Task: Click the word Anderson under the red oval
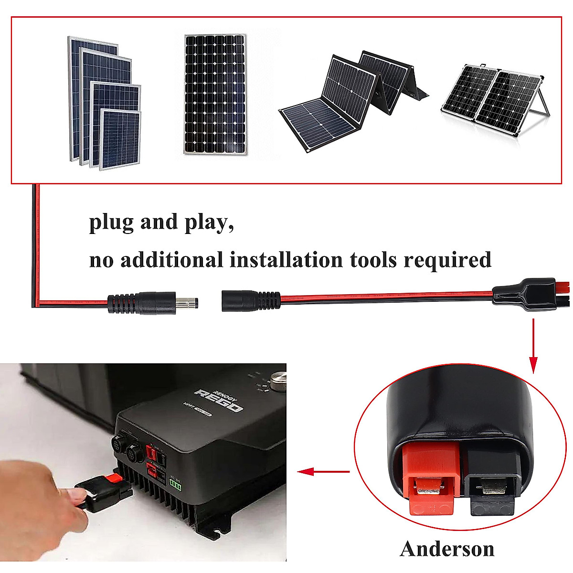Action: coord(447,549)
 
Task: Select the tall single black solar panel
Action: coord(215,94)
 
